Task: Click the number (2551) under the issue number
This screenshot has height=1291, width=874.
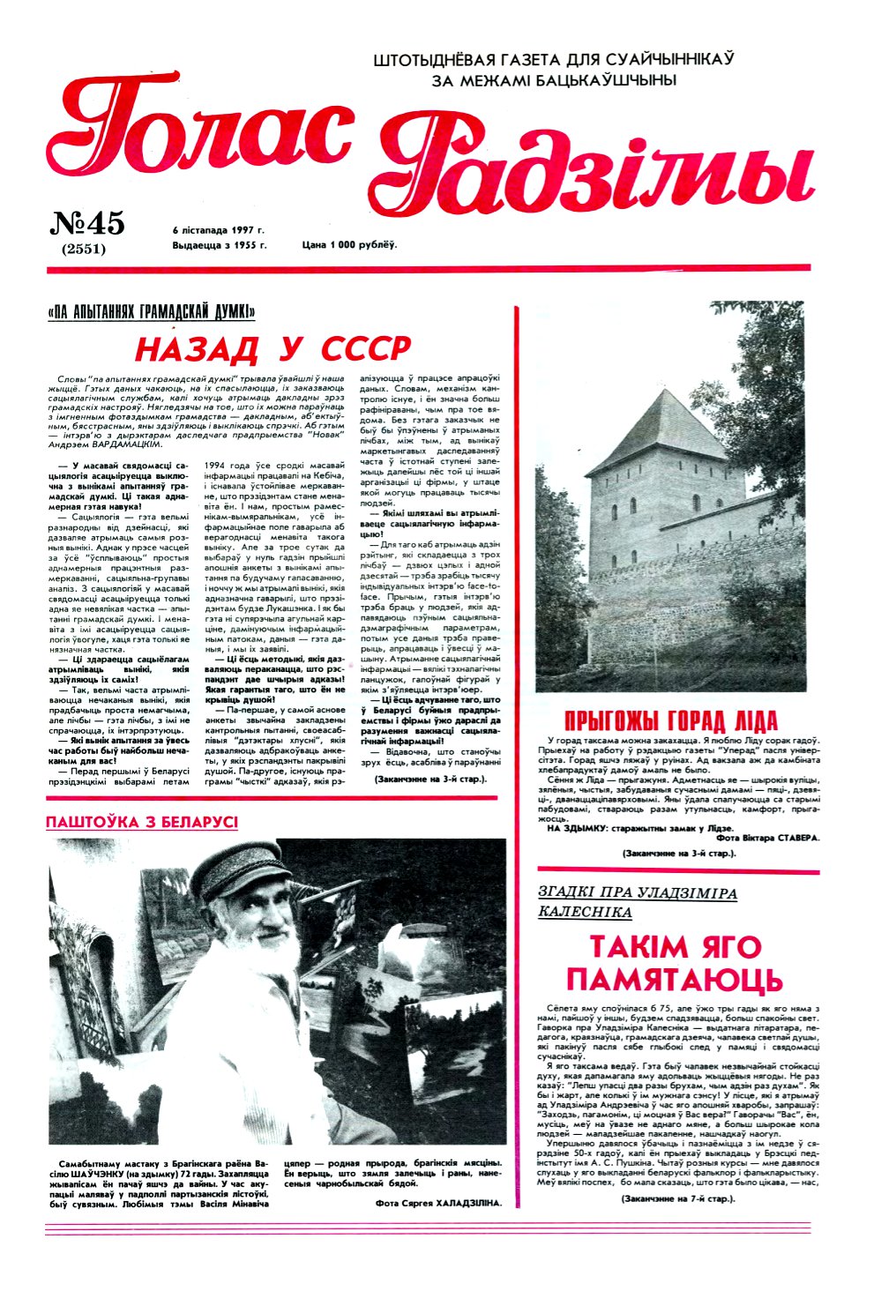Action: coord(84,249)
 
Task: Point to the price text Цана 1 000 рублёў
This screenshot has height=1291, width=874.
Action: coord(349,244)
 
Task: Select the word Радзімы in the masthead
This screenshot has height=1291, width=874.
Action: coord(600,163)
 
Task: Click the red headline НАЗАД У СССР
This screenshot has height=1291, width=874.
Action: coord(273,349)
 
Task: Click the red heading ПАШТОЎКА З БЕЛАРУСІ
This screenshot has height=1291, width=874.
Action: coord(142,822)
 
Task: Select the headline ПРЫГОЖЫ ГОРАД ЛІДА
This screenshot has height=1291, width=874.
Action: coord(670,719)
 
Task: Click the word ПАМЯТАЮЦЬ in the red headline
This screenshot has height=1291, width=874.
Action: coord(674,980)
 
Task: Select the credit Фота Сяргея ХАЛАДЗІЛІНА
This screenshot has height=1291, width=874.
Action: coord(437,1203)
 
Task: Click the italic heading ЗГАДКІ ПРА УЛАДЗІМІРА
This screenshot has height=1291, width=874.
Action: coord(637,893)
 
